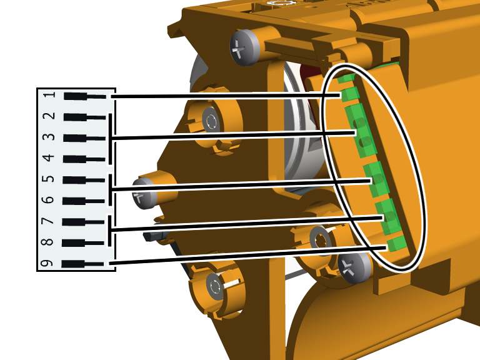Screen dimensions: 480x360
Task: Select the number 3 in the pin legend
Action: pos(49,137)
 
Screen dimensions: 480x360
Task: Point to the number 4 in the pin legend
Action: pos(49,158)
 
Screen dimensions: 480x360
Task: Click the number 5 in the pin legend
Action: pos(48,179)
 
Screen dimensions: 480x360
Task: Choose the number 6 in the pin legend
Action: pos(48,200)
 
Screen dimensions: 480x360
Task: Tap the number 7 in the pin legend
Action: pos(47,221)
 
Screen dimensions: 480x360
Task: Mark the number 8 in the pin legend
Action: pos(47,242)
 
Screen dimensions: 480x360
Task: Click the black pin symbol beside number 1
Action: pos(85,96)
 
